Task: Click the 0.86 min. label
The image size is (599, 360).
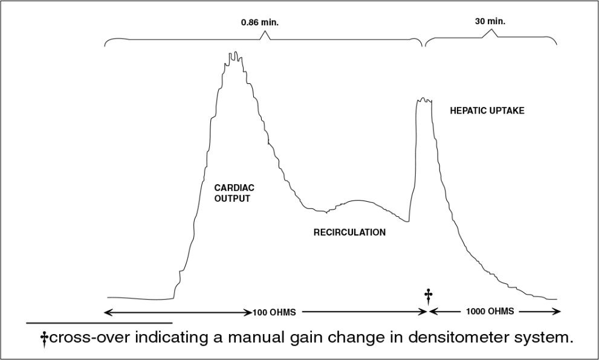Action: (260, 23)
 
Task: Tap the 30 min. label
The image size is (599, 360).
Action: (490, 21)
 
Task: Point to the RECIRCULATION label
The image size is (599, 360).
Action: (349, 232)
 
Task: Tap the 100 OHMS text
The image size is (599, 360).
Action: (274, 312)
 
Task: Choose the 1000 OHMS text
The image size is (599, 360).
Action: (491, 312)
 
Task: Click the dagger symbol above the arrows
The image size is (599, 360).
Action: (429, 295)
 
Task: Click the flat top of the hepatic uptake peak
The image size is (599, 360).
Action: (424, 100)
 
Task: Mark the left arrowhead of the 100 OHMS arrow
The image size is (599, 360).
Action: (108, 312)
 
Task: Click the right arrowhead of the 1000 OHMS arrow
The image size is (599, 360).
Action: (557, 312)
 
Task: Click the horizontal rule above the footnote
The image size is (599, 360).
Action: (99, 323)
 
